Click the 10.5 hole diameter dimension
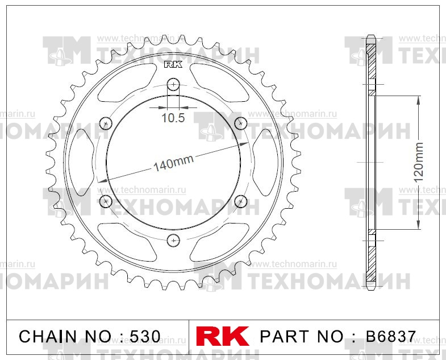pos(173,119)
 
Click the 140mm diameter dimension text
pos(173,163)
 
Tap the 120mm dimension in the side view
pos(419,162)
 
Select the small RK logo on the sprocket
pos(173,65)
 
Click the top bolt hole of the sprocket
pos(173,85)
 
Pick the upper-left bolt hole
pos(106,123)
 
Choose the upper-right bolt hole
pos(240,123)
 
